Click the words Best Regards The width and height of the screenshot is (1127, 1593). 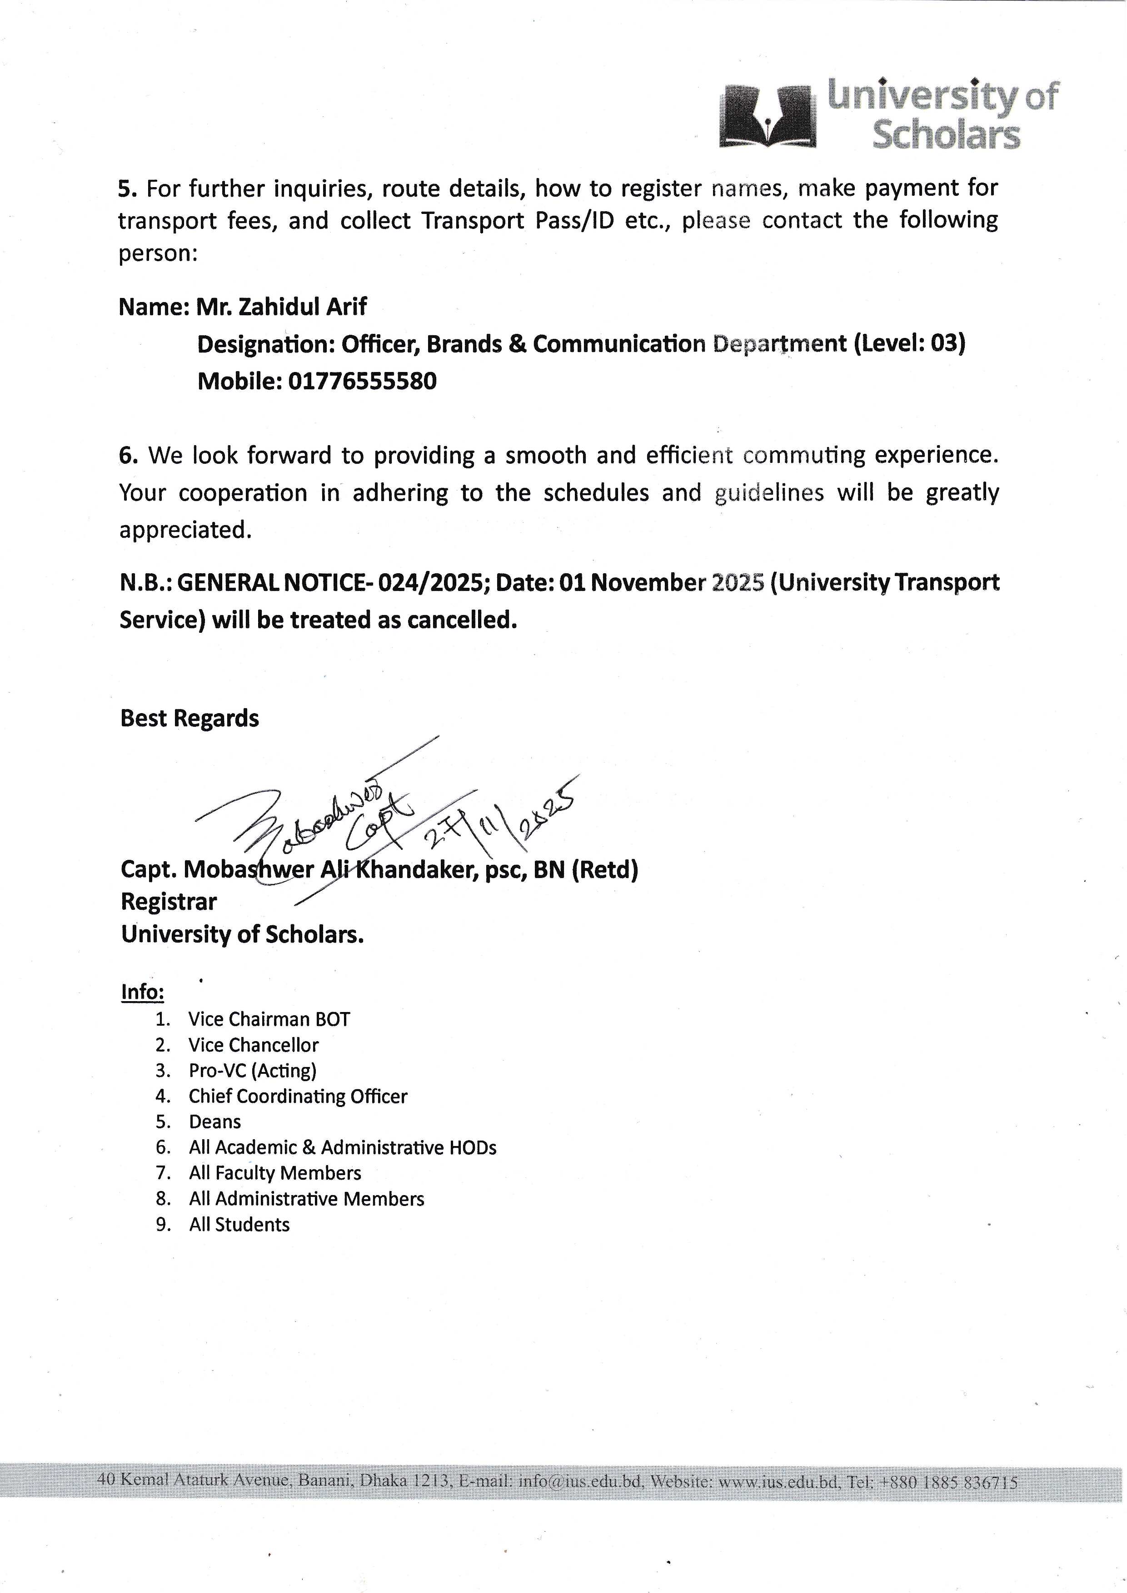point(189,718)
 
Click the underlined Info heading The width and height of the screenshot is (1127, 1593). point(142,992)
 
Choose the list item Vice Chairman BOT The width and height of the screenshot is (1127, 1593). point(269,1019)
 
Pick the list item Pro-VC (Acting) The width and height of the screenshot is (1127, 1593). point(253,1071)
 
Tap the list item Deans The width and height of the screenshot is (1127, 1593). point(215,1122)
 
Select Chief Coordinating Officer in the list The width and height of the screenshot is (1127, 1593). point(298,1096)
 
